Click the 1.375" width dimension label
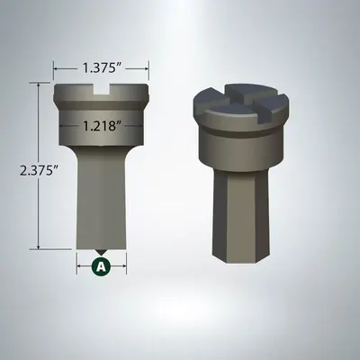101,67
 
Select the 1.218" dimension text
101,126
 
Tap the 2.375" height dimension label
17,167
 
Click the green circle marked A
101,266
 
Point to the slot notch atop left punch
101,88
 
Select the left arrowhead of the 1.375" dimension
57,67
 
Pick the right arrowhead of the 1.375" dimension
146,67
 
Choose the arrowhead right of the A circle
123,266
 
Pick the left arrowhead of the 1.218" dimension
63,126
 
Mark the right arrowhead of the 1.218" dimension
139,126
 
